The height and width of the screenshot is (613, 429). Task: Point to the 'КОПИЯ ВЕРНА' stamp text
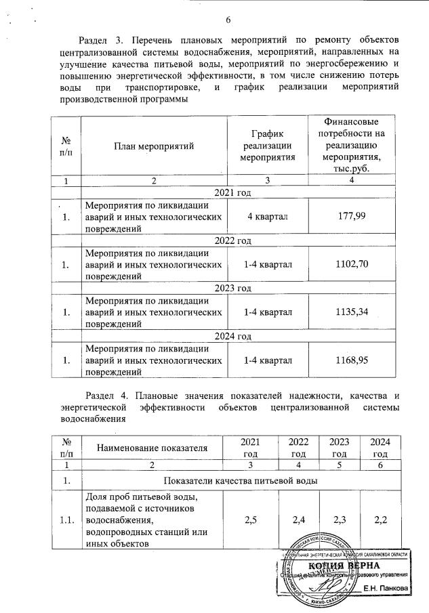tap(344, 566)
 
